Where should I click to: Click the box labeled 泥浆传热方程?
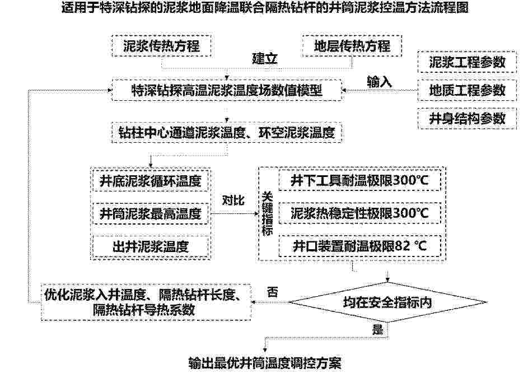[x=161, y=46]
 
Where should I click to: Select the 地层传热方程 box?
[x=352, y=46]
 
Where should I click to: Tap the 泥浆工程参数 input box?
[x=467, y=62]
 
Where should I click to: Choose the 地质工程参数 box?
[x=467, y=90]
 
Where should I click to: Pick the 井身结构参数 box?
[x=467, y=119]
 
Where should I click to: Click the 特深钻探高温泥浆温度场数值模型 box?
[x=227, y=90]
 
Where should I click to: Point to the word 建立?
[x=265, y=59]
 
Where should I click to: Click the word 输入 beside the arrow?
[x=379, y=82]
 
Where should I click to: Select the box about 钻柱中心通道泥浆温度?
[x=227, y=133]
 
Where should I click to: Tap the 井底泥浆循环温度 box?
[x=151, y=181]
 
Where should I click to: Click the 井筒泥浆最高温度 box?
[x=151, y=213]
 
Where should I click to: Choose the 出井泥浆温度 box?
[x=151, y=246]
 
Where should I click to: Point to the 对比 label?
[x=233, y=200]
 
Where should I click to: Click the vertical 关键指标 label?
[x=268, y=213]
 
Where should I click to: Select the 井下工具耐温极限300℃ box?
[x=359, y=181]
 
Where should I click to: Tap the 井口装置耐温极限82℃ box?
[x=359, y=246]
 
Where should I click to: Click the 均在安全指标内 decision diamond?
[x=387, y=302]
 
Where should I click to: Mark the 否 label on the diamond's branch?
[x=273, y=292]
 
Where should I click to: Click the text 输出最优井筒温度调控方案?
[x=265, y=363]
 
